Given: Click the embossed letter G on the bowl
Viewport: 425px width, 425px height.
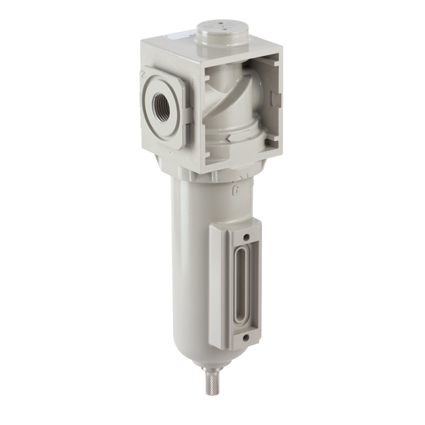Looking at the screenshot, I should pos(234,191).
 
